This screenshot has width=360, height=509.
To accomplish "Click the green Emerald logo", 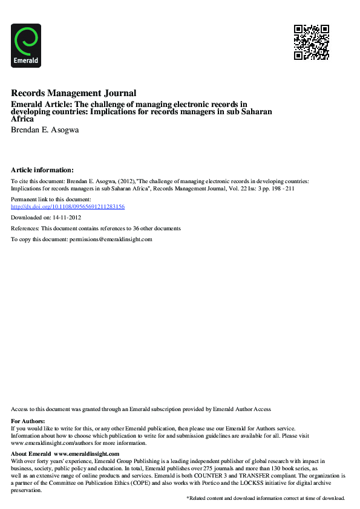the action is [26, 45].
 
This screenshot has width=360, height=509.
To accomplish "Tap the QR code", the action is [311, 42].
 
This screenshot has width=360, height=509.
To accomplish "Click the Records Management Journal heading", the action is [73, 93].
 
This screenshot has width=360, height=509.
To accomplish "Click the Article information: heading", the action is [42, 170].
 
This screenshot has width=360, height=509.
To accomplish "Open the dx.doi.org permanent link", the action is [68, 207].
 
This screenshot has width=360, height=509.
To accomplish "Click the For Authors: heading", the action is [28, 421].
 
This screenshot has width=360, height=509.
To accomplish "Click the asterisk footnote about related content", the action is [266, 498].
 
